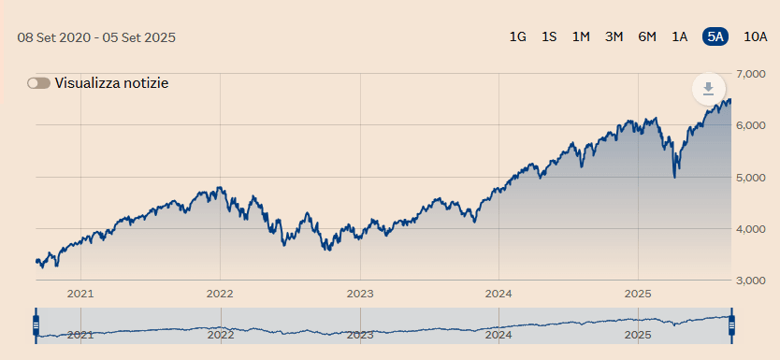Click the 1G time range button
[517, 36]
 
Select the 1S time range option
[549, 36]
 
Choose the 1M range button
[581, 36]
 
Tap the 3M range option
[614, 36]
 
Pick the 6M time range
[647, 36]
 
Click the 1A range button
[680, 36]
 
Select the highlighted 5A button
[715, 36]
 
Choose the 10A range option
[755, 36]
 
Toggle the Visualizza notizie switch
[38, 83]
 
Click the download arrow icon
[708, 89]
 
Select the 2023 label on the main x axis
[360, 293]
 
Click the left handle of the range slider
[36, 325]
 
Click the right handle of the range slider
[732, 325]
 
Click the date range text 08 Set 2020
[55, 37]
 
